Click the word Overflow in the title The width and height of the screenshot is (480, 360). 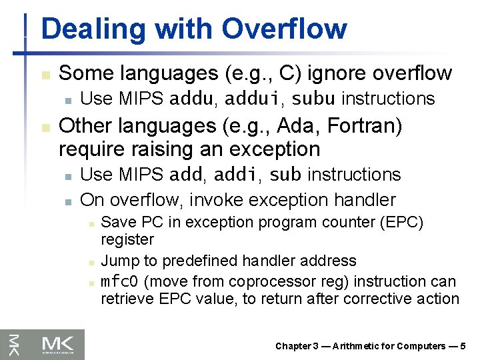click(x=284, y=29)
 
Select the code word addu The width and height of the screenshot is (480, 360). click(x=192, y=99)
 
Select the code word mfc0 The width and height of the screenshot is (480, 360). click(x=119, y=282)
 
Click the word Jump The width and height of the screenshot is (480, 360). click(x=119, y=261)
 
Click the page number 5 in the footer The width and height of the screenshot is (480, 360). click(x=463, y=346)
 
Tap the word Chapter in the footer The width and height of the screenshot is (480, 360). click(x=293, y=346)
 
